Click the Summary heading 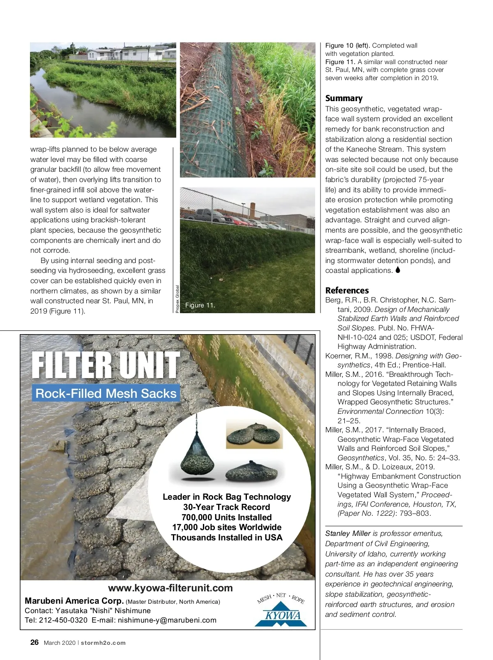click(344, 98)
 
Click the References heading click(347, 290)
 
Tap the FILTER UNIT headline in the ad click(105, 365)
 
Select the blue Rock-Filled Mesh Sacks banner click(106, 393)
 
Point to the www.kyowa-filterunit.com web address click(170, 588)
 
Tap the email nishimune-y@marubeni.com click(167, 620)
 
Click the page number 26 click(35, 643)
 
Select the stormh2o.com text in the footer click(103, 643)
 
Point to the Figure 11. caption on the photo click(200, 305)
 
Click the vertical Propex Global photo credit click(177, 299)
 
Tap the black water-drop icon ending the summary click(398, 270)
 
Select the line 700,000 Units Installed click(227, 517)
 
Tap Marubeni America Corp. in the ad click(74, 601)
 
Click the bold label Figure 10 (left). click(348, 46)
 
